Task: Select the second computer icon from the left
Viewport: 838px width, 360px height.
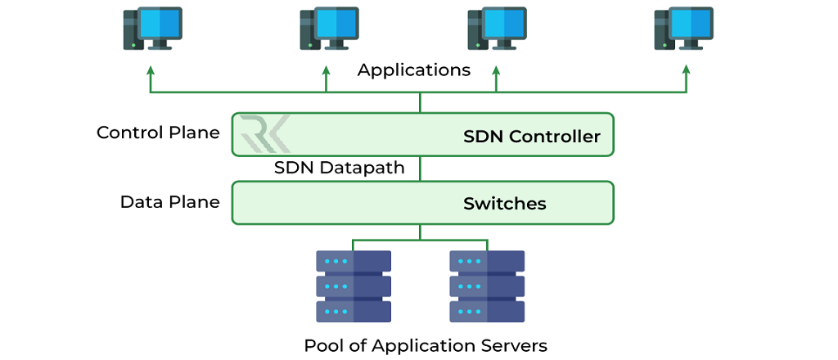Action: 328,29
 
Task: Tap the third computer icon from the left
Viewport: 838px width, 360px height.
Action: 497,29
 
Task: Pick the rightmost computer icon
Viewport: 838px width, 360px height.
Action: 684,29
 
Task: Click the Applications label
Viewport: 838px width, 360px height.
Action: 414,70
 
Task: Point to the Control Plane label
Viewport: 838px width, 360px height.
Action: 158,133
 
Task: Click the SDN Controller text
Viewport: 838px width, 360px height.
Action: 532,137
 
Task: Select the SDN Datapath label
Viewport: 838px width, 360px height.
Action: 339,168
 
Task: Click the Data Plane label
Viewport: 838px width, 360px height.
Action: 169,202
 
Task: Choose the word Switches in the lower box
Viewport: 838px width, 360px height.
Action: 505,204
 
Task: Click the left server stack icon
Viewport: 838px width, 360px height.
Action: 354,286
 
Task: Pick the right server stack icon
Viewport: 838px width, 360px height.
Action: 487,286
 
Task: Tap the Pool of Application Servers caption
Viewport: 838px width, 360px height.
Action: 426,345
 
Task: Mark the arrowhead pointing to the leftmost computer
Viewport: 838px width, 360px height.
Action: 151,71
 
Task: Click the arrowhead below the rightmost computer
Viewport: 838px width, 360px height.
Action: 686,71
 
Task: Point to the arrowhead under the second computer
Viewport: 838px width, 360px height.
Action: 327,71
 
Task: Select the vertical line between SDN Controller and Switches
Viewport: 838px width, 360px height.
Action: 420,169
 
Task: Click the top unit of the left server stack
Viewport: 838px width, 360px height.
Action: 354,262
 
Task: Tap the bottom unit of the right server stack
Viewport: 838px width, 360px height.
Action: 487,312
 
